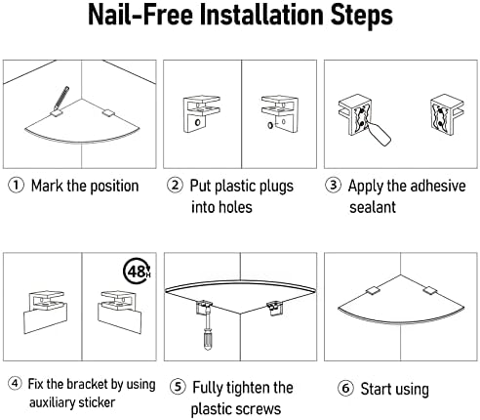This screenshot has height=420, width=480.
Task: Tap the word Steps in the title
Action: coord(354,18)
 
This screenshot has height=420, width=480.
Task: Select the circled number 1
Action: coord(16,186)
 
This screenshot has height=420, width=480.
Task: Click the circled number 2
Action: coord(176,186)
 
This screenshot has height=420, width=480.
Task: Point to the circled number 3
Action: coord(335,186)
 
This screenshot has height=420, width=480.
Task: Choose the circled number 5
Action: coord(176,388)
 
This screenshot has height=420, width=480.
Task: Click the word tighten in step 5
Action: coord(241,388)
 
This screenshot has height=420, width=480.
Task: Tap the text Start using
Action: coord(395,389)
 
